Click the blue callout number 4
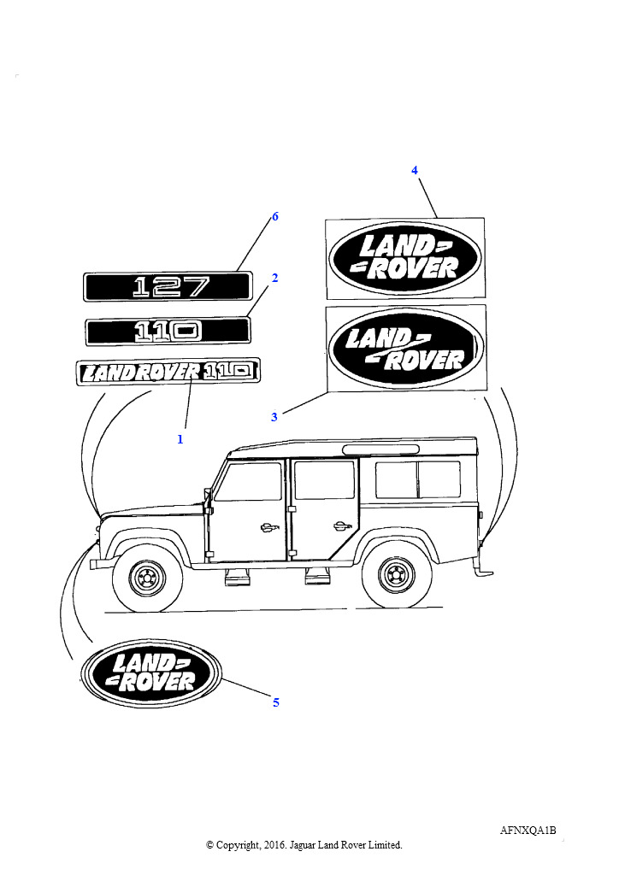[x=414, y=170]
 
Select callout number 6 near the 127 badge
[x=274, y=216]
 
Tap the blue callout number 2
[x=274, y=278]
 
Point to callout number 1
[x=180, y=440]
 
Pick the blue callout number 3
[x=274, y=417]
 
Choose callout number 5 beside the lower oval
[x=276, y=702]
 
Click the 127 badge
[x=168, y=287]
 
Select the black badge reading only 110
[x=168, y=332]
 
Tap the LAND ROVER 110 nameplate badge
[x=168, y=372]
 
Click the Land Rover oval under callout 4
[x=404, y=258]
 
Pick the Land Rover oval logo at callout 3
[x=406, y=348]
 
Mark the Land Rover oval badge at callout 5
[x=151, y=672]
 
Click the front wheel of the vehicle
[x=148, y=578]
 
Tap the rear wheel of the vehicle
[x=397, y=575]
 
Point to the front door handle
[x=269, y=527]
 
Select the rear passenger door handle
[x=339, y=526]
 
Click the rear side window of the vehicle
[x=418, y=480]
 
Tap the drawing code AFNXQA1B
[x=528, y=831]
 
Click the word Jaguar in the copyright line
[x=303, y=845]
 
